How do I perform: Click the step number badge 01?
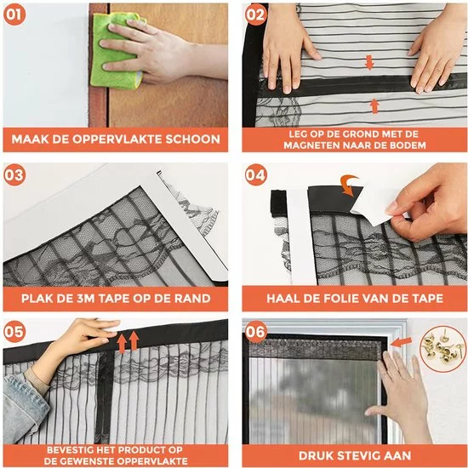(x=14, y=14)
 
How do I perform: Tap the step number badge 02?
(x=256, y=14)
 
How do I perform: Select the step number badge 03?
(x=14, y=175)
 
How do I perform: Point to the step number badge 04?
(x=256, y=175)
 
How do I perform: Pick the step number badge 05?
(x=14, y=332)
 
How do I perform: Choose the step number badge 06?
(x=256, y=332)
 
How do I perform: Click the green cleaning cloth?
(x=118, y=51)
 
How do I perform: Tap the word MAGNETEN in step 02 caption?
(x=311, y=146)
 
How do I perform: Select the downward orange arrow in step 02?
(x=369, y=62)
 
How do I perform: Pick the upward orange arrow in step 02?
(x=374, y=106)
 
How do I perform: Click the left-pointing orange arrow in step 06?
(x=401, y=342)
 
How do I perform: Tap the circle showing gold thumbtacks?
(x=442, y=349)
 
